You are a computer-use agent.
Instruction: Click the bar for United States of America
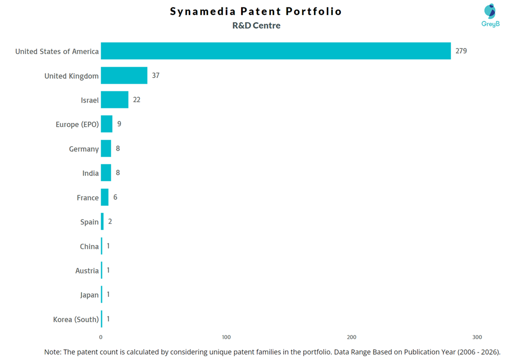pyautogui.click(x=276, y=51)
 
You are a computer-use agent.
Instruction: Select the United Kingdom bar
pyautogui.click(x=124, y=76)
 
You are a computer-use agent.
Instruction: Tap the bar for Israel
pyautogui.click(x=114, y=100)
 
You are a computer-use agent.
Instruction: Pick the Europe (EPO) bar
pyautogui.click(x=107, y=124)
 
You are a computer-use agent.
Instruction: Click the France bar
pyautogui.click(x=105, y=198)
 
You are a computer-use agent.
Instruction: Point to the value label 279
pyautogui.click(x=461, y=51)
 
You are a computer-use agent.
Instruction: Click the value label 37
pyautogui.click(x=155, y=76)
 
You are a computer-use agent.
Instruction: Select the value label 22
pyautogui.click(x=136, y=100)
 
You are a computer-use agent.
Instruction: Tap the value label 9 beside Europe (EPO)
pyautogui.click(x=119, y=124)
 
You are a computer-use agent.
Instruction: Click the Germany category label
pyautogui.click(x=84, y=149)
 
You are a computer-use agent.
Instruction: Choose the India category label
pyautogui.click(x=90, y=173)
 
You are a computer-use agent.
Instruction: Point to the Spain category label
pyautogui.click(x=89, y=222)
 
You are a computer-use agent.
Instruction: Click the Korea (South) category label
pyautogui.click(x=76, y=320)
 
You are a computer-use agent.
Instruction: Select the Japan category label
pyautogui.click(x=89, y=295)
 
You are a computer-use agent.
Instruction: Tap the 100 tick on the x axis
pyautogui.click(x=227, y=337)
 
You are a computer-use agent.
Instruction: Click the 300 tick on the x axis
pyautogui.click(x=477, y=337)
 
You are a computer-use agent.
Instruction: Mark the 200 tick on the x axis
pyautogui.click(x=352, y=337)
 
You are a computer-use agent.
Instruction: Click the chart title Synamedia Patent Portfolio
pyautogui.click(x=256, y=11)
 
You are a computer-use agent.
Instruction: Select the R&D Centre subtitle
pyautogui.click(x=256, y=25)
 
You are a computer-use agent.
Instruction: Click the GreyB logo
pyautogui.click(x=490, y=15)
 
